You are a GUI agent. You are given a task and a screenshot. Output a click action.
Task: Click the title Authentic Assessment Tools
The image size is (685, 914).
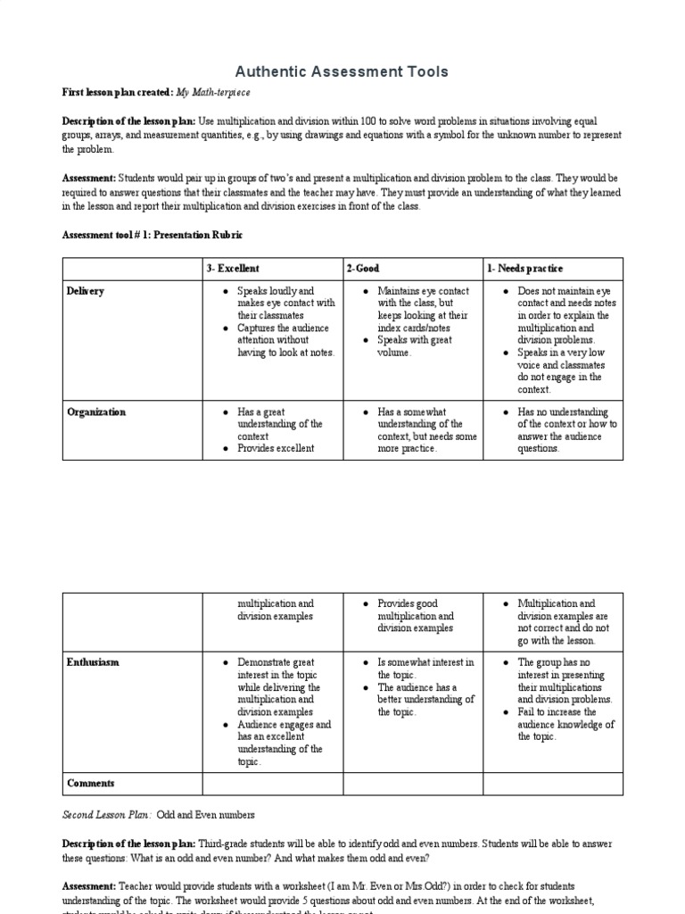342,71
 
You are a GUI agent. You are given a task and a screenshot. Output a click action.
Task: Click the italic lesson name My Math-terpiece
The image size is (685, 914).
213,93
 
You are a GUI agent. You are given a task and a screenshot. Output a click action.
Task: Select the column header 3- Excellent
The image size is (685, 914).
232,269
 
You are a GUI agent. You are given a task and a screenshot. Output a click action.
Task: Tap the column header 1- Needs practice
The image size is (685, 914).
524,269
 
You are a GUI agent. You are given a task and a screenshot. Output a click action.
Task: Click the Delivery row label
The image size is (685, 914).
86,291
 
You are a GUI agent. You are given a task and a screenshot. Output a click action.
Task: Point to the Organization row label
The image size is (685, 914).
95,412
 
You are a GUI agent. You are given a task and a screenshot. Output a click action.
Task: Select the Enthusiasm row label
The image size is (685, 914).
93,662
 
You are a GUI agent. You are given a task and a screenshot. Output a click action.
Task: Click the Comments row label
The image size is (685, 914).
91,784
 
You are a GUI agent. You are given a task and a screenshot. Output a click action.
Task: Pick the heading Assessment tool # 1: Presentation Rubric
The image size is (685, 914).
152,236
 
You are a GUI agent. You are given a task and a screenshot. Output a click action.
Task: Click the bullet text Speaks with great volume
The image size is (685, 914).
415,346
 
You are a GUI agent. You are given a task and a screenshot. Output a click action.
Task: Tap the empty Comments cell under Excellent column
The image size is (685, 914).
273,784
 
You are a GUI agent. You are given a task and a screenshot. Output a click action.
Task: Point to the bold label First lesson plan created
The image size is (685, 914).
117,93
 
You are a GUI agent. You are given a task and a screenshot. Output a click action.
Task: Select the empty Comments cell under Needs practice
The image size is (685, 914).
553,784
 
